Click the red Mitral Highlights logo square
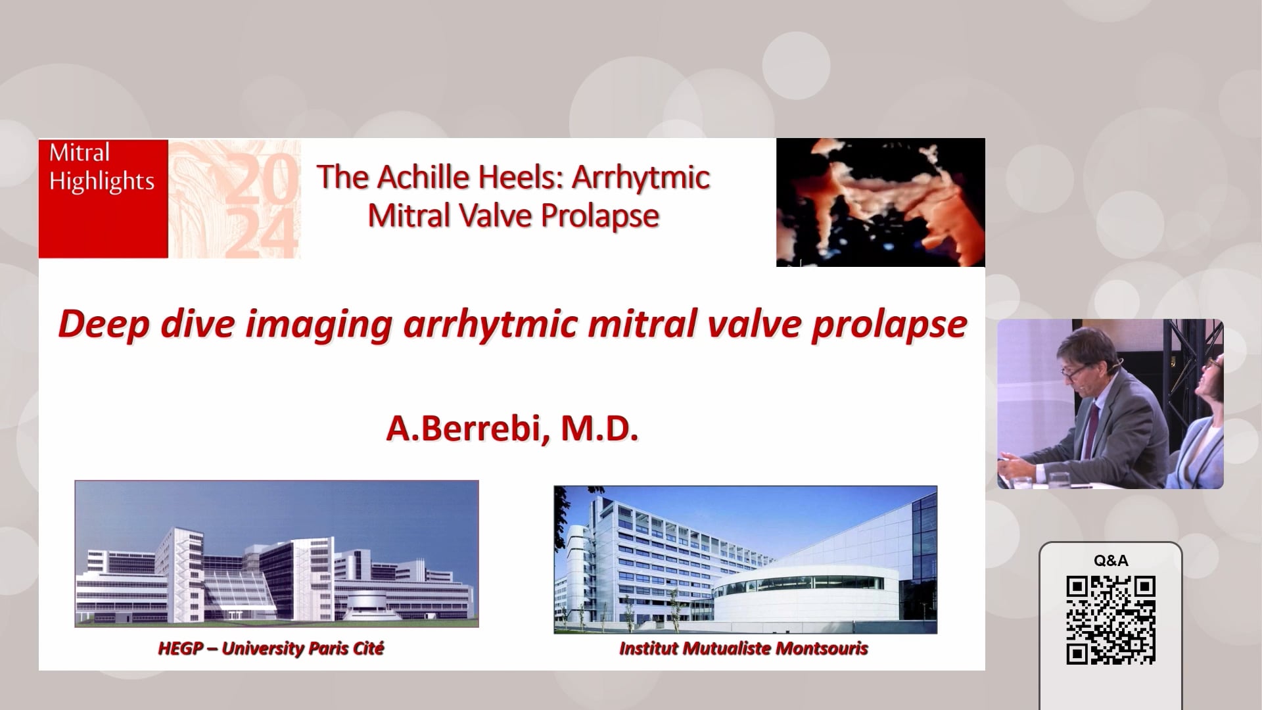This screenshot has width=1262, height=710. pyautogui.click(x=103, y=198)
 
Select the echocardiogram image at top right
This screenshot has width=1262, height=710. pyautogui.click(x=881, y=202)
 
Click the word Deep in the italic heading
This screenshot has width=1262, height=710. pyautogui.click(x=103, y=325)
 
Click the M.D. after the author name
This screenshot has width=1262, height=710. pyautogui.click(x=599, y=429)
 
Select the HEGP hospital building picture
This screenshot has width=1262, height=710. pyautogui.click(x=277, y=554)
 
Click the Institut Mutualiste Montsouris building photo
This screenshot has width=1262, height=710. pyautogui.click(x=745, y=559)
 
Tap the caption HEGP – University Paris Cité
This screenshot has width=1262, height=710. pyautogui.click(x=271, y=649)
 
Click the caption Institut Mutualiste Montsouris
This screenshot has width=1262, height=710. pyautogui.click(x=743, y=649)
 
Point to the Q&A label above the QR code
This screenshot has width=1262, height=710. pyautogui.click(x=1111, y=561)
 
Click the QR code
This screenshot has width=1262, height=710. pyautogui.click(x=1111, y=619)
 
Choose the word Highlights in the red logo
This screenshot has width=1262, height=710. pyautogui.click(x=102, y=181)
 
